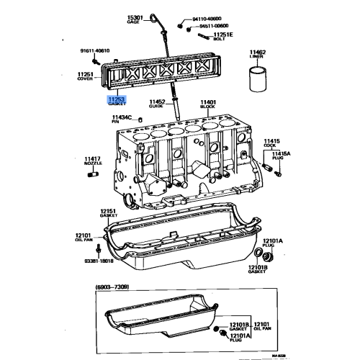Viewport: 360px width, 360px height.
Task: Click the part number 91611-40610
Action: click(94, 51)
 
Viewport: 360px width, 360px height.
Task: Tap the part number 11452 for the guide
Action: click(158, 102)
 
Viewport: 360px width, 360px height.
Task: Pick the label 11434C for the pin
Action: click(122, 117)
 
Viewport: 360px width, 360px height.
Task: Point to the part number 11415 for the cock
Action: click(271, 141)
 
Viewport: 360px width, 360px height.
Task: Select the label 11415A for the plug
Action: click(282, 154)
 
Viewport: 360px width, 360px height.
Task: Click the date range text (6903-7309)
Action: click(116, 288)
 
